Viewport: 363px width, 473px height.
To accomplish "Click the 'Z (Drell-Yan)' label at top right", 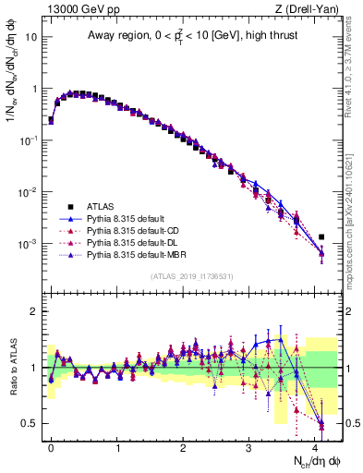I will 310,8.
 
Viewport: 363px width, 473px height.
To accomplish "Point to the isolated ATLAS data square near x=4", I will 321,237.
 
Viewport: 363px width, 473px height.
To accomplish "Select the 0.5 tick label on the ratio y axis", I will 30,423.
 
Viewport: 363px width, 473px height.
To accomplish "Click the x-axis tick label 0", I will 51,446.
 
